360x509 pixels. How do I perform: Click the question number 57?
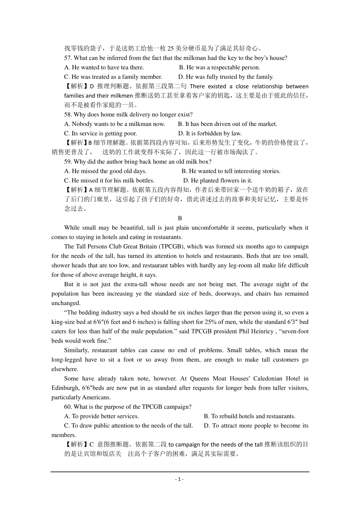(x=68, y=58)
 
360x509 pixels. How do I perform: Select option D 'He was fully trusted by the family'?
(x=226, y=77)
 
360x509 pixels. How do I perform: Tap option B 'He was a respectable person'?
(x=220, y=67)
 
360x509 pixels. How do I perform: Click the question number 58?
(x=68, y=115)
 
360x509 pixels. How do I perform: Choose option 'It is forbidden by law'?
(x=210, y=133)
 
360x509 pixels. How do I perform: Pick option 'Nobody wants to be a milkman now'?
(x=115, y=124)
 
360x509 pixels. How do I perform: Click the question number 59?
(x=68, y=162)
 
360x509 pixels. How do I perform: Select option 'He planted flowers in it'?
(x=217, y=180)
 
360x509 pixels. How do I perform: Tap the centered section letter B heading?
(x=180, y=218)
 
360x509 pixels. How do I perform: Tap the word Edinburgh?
(x=65, y=388)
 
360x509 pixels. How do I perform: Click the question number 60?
(x=68, y=407)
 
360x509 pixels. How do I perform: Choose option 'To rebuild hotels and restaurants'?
(x=250, y=416)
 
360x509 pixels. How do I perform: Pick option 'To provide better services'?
(x=101, y=416)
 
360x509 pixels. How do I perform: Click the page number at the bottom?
(x=179, y=479)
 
